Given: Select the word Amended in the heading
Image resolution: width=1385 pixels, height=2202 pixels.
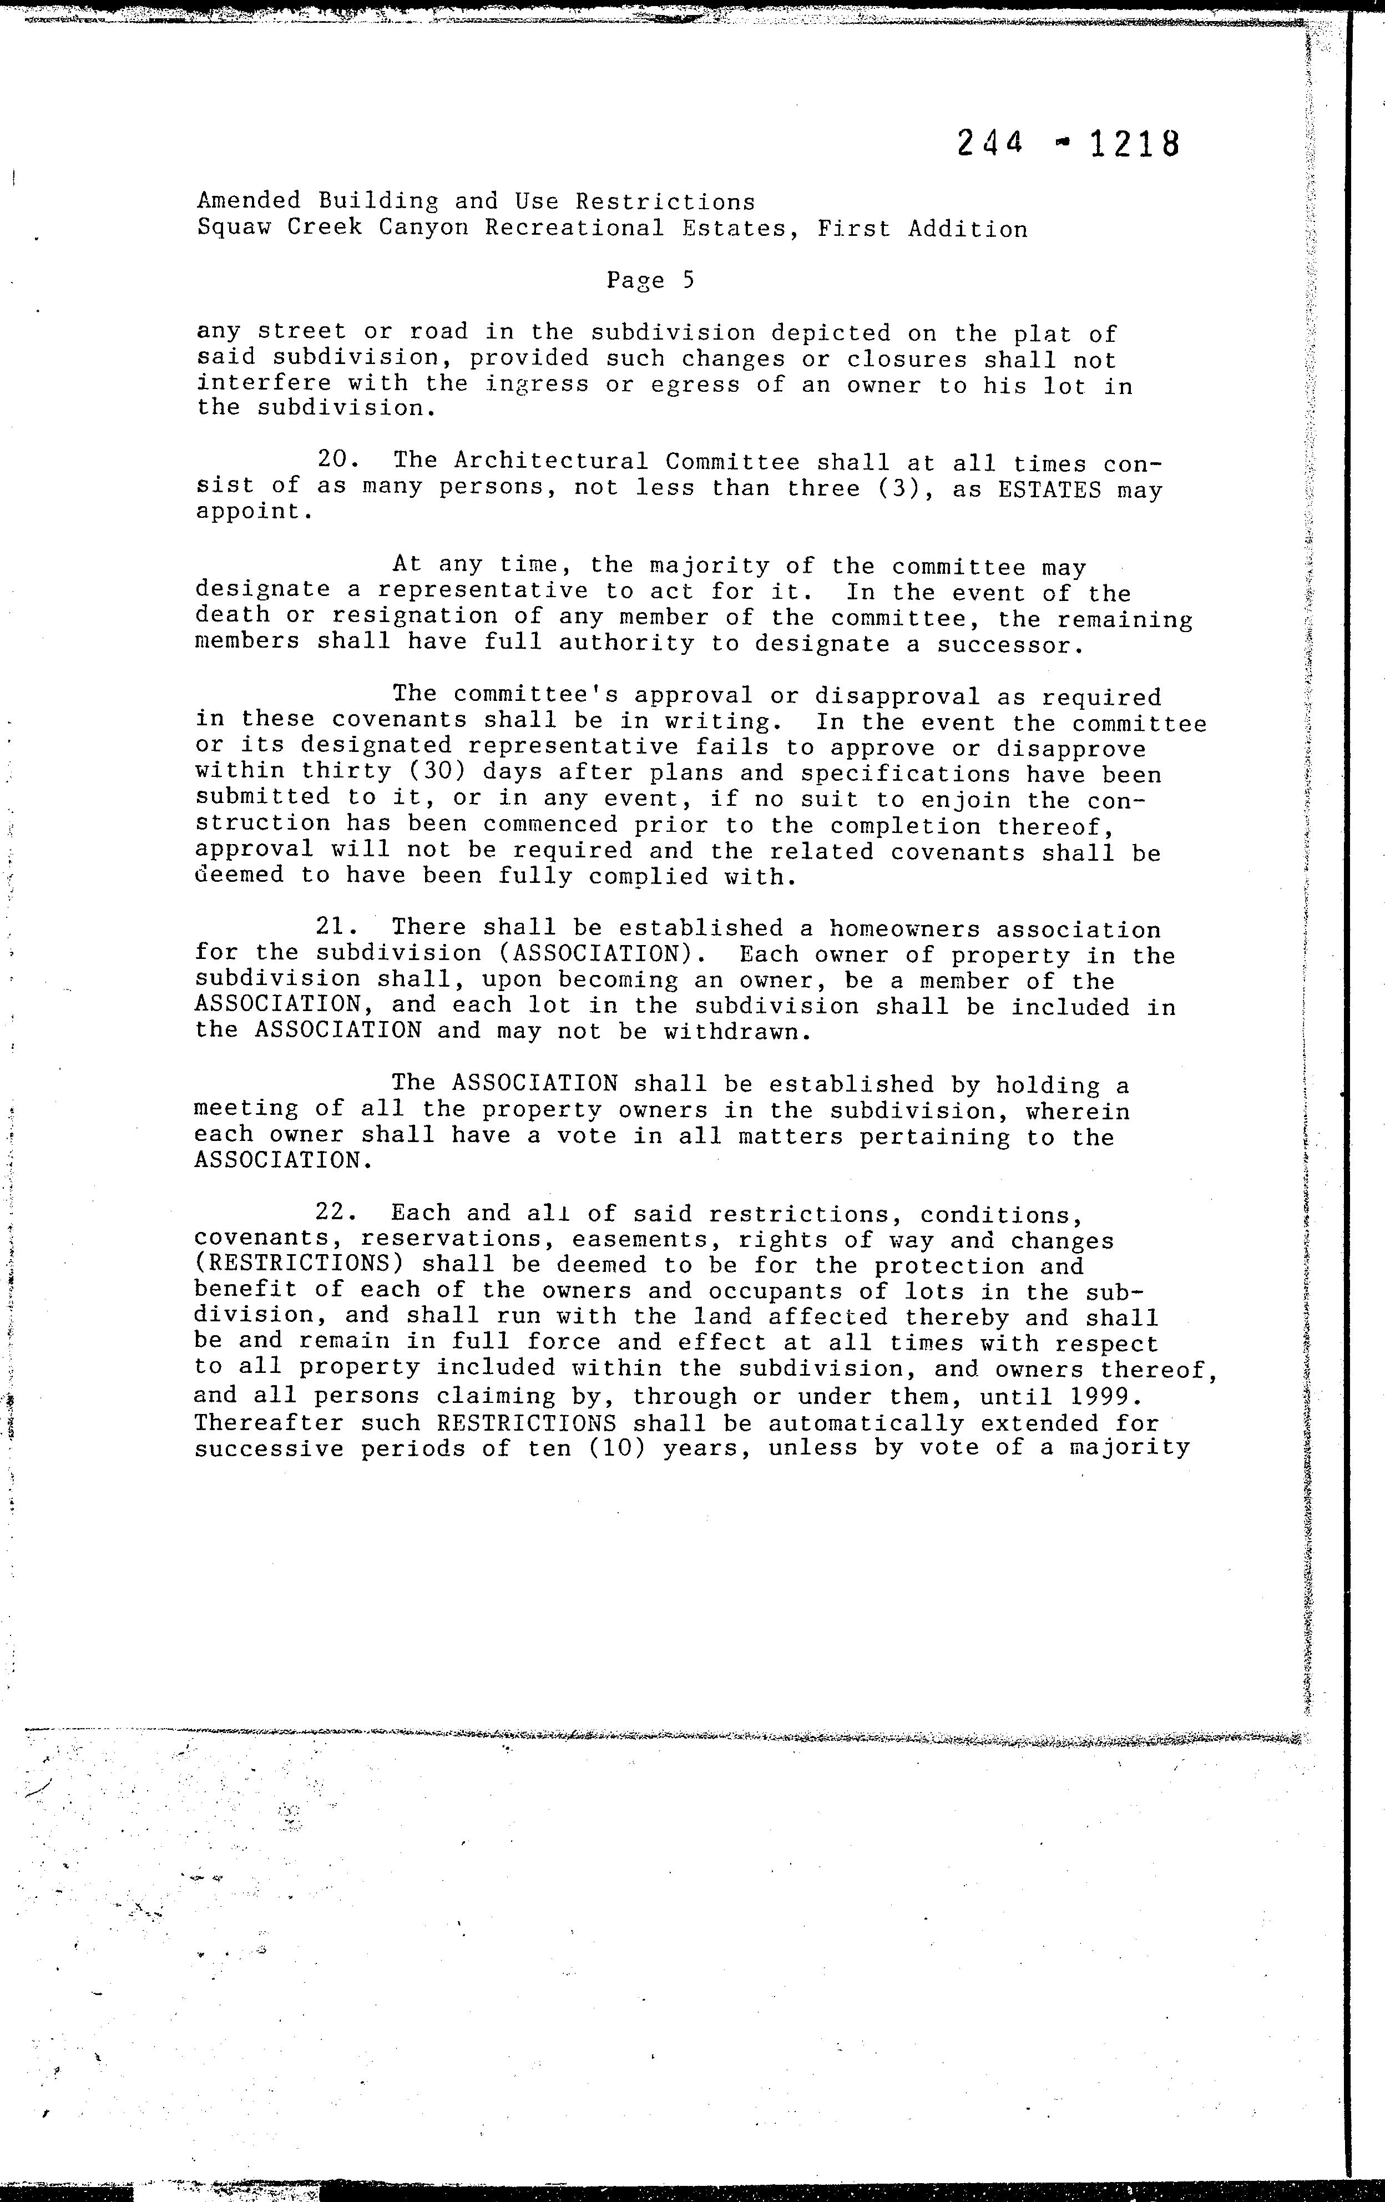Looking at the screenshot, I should [249, 202].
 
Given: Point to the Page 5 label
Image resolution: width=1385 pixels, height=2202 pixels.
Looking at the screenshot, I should [650, 280].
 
